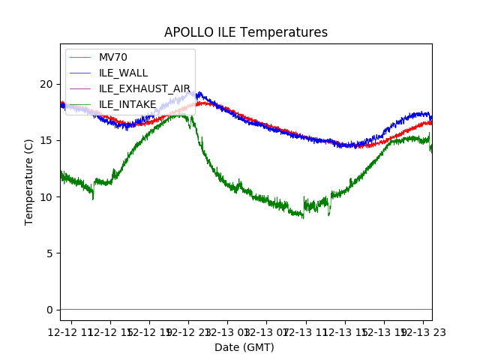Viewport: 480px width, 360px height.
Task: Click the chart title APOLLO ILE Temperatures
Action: pos(246,33)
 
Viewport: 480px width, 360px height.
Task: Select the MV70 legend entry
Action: pos(113,57)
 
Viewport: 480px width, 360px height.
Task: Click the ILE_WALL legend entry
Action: pos(124,73)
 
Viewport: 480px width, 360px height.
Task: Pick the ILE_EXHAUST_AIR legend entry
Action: pos(145,88)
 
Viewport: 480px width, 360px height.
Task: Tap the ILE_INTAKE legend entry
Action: pos(127,104)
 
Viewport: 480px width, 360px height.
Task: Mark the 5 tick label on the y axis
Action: pos(50,253)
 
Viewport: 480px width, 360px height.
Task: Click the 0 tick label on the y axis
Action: pos(50,310)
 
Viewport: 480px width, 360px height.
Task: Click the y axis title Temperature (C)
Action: pos(29,181)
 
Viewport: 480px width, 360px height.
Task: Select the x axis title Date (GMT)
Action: pos(244,347)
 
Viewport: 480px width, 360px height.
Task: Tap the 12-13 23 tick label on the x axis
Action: pos(423,331)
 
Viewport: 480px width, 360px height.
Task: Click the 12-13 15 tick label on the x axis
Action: pos(345,331)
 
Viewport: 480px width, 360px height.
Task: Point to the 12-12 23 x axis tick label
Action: pos(188,331)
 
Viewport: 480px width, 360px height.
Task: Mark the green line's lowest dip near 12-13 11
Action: pos(302,217)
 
